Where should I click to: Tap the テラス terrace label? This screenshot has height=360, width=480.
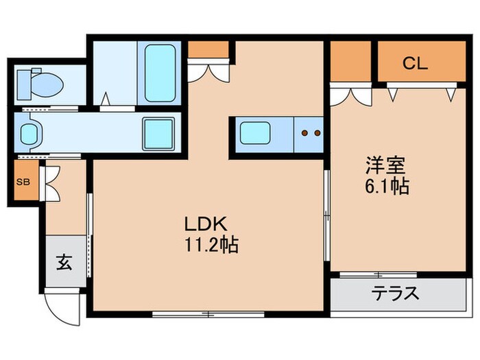(x=395, y=294)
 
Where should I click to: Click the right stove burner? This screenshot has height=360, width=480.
(x=317, y=133)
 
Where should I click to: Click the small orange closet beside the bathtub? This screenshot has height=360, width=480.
(x=208, y=49)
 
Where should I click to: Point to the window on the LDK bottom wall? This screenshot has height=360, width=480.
(x=208, y=314)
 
